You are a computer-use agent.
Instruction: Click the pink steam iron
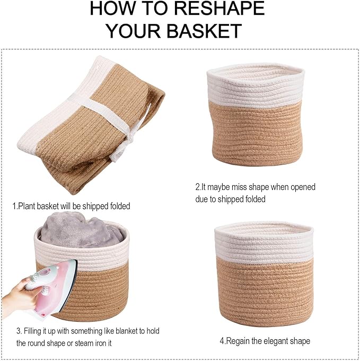[x=53, y=284]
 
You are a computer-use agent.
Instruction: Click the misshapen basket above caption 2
[x=256, y=117]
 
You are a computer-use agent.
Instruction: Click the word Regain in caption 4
[x=239, y=341]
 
